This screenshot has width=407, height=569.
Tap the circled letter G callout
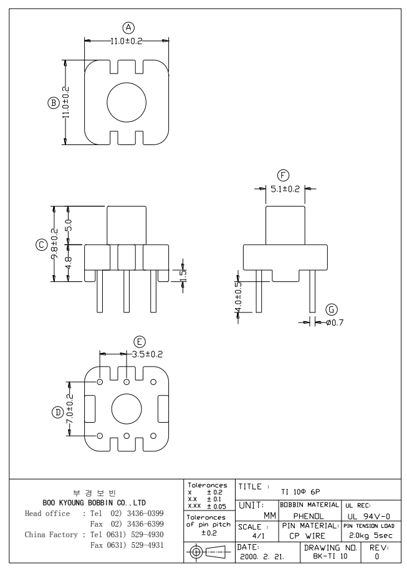[331, 309]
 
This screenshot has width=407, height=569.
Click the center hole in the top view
[127, 102]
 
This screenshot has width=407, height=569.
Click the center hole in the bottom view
[127, 409]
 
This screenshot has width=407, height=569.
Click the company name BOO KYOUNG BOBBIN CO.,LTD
[94, 501]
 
